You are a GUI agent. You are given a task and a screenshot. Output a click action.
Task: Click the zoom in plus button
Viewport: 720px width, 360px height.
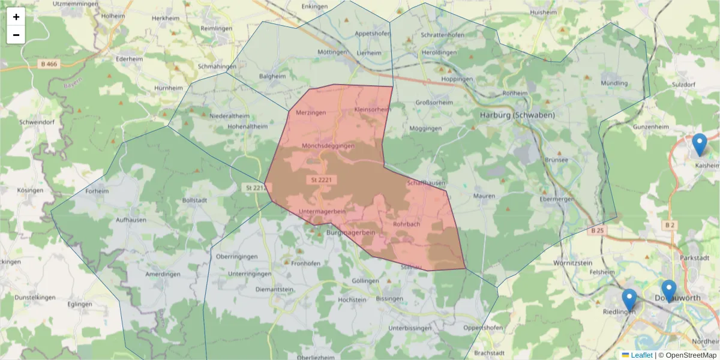[x=16, y=17]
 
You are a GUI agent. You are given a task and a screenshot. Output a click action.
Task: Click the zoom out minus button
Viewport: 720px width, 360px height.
[x=16, y=35]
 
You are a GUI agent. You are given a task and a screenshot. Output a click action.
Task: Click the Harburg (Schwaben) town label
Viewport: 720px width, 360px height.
[x=517, y=115]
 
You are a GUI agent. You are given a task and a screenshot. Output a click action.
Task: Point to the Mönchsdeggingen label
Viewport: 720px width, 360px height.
[x=328, y=146]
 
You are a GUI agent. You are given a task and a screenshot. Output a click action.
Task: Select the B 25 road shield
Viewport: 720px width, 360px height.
[x=596, y=230]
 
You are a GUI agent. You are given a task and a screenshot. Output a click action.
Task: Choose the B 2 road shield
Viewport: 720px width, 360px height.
[x=670, y=224]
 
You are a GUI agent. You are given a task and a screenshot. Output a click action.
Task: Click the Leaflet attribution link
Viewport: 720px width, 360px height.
[x=640, y=355]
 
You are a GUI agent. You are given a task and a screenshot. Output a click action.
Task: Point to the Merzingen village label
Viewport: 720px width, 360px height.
[x=311, y=113]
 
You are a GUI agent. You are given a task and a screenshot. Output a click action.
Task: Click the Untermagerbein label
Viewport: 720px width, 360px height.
[x=322, y=212]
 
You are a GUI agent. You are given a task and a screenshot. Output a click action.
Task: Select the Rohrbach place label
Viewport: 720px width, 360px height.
[x=406, y=224]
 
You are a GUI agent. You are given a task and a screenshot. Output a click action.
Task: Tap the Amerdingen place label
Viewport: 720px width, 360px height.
[x=163, y=274]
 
